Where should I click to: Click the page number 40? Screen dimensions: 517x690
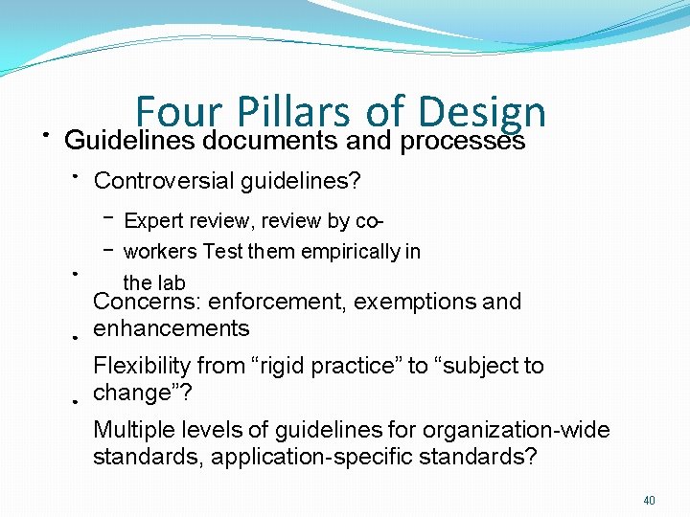point(649,500)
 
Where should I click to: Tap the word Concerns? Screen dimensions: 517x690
point(147,302)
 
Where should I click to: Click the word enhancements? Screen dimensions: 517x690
point(171,328)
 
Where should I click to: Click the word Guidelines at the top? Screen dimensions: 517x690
point(128,141)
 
